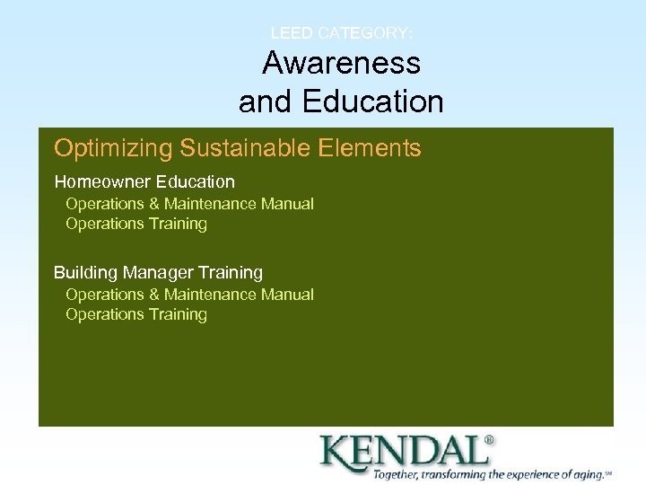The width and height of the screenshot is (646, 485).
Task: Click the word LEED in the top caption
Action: point(292,33)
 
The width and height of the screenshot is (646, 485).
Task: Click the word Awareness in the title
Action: point(341,63)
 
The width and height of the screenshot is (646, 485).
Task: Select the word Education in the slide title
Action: point(372,101)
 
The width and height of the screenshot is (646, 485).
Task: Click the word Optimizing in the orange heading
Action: point(113,148)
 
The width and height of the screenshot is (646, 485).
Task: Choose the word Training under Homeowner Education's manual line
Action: point(178,224)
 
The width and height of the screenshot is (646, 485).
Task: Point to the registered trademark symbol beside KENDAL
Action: point(489,440)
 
